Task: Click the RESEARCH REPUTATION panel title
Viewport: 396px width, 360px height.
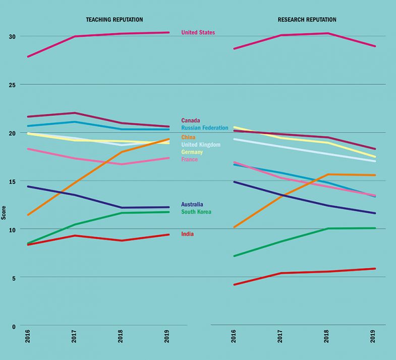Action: pos(307,20)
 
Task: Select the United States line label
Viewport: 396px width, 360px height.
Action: pos(198,33)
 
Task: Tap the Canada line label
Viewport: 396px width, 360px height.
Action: pos(191,121)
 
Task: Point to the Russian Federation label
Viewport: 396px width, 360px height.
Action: pos(204,128)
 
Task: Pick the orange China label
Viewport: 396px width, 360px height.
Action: pos(189,137)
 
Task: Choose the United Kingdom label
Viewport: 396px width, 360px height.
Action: pos(200,145)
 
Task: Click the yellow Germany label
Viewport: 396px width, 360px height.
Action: pos(192,152)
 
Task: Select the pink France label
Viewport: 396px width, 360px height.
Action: pos(190,160)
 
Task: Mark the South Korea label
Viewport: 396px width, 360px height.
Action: pos(196,212)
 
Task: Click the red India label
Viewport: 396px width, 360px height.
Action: pos(187,234)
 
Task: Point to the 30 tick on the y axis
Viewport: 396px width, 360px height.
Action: pos(12,37)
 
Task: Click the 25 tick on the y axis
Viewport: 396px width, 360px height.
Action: pos(12,85)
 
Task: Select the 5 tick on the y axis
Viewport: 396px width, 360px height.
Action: pos(14,278)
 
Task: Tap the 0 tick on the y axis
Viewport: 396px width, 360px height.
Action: pos(14,326)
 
